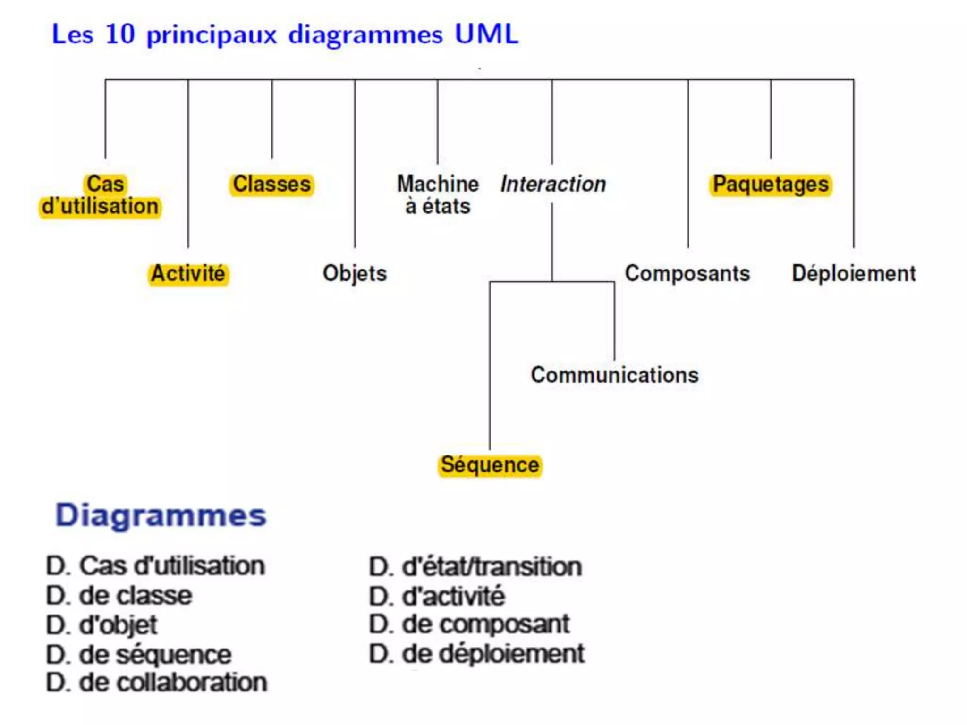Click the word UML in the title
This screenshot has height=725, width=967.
coord(486,34)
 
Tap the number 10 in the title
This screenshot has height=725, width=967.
coord(120,34)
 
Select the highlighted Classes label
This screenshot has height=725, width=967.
coord(272,184)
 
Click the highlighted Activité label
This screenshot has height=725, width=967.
coord(188,274)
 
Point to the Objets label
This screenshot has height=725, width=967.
coord(355,274)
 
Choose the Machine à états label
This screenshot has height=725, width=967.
coord(438,195)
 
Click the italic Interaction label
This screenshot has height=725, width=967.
coord(553,184)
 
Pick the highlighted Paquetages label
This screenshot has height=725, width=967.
coord(771,184)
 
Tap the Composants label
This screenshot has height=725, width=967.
coord(687,274)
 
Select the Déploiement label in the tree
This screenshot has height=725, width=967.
coord(854,274)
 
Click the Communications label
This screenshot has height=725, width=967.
coord(614,375)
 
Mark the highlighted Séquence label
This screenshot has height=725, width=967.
coord(490,465)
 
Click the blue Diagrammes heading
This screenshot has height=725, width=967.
coord(161,515)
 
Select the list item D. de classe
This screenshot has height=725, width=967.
coord(119,596)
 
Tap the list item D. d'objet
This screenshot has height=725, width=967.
coord(102,625)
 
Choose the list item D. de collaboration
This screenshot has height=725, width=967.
coord(156,683)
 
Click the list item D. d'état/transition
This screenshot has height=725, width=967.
coord(475,567)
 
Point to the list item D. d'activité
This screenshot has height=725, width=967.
coord(437,596)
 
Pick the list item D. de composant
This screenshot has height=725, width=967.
coord(469,625)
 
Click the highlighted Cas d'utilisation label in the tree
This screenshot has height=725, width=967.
coord(100,195)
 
